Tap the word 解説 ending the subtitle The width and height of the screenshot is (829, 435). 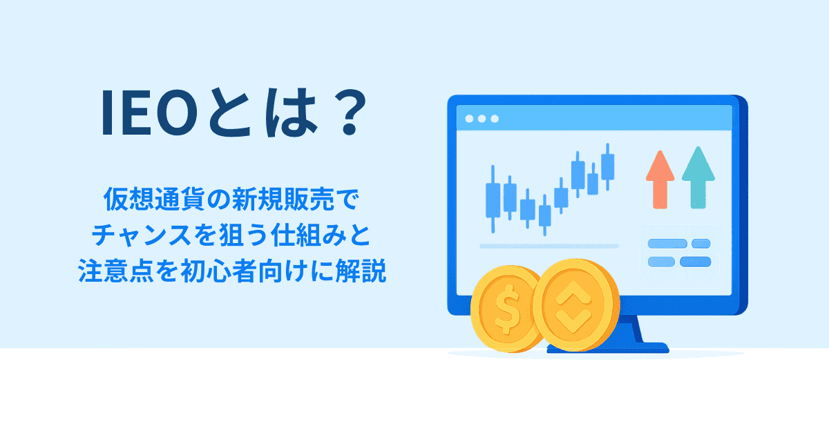(362, 272)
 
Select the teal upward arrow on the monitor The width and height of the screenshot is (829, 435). (698, 176)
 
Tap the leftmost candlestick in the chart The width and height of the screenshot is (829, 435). (493, 197)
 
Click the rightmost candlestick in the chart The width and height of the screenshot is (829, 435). (608, 166)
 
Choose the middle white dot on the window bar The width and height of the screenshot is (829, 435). (482, 119)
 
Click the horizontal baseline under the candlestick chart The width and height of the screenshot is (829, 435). (549, 246)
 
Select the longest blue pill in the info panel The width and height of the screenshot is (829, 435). (667, 244)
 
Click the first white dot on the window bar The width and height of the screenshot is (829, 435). (469, 119)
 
